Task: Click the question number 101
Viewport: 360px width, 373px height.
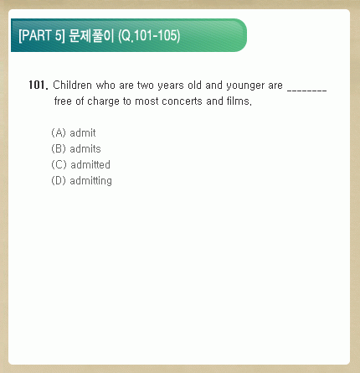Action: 39,85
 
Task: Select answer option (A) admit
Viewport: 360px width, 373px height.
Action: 74,132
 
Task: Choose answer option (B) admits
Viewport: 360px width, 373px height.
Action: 76,148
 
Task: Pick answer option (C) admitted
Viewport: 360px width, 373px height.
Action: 80,164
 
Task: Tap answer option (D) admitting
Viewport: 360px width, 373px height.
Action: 81,181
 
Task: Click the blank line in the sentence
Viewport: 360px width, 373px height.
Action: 306,91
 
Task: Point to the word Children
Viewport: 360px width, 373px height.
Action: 72,85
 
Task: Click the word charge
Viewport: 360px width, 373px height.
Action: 103,101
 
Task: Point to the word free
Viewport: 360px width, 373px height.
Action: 63,101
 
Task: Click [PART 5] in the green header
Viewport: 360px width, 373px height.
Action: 42,35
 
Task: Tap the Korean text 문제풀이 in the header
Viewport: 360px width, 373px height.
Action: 91,35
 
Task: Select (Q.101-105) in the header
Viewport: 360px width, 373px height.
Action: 149,36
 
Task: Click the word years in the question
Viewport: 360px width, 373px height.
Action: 171,85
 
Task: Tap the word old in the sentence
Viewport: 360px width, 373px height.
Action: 194,85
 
